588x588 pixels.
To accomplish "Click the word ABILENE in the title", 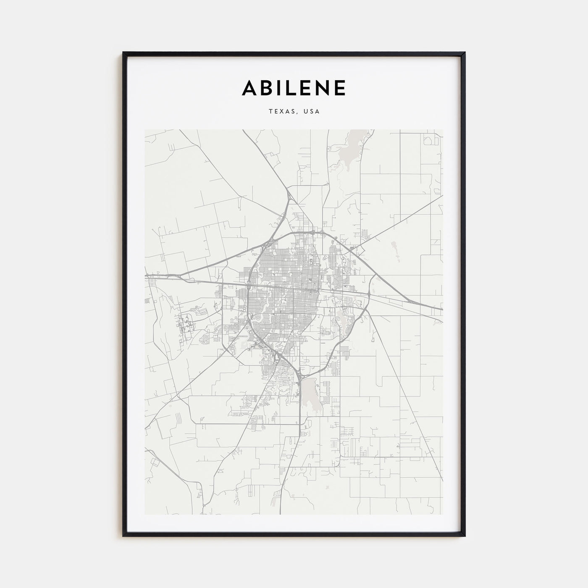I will (294, 88).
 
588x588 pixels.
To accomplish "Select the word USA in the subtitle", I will (313, 112).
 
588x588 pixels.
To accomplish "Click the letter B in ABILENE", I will (266, 88).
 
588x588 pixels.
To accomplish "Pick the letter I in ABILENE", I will (279, 88).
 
